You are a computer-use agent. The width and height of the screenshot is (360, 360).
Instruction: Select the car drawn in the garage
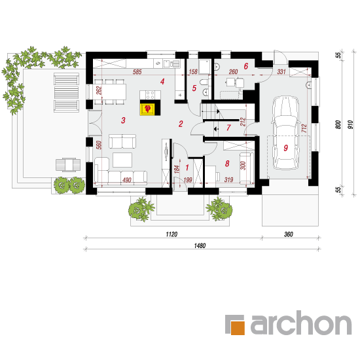[x=285, y=133]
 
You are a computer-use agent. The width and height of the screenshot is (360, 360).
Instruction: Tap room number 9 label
[x=285, y=148]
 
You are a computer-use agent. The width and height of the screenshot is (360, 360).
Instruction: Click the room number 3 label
[x=123, y=120]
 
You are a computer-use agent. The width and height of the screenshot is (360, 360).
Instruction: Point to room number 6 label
[x=246, y=66]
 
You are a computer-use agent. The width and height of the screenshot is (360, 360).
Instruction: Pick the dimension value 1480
[x=200, y=245]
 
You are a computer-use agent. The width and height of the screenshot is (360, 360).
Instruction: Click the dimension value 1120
[x=171, y=234]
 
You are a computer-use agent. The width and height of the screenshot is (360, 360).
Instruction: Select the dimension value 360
[x=289, y=234]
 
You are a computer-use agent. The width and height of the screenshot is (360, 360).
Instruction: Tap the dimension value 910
[x=351, y=124]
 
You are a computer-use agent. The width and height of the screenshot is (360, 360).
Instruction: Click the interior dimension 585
[x=137, y=72]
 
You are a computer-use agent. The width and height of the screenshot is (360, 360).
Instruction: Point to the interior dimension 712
[x=304, y=128]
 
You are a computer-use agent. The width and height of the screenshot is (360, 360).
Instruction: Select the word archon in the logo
[x=301, y=323]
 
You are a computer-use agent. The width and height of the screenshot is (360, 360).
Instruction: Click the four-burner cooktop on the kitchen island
[x=150, y=95]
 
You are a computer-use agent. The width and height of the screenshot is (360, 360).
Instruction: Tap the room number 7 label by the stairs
[x=228, y=128]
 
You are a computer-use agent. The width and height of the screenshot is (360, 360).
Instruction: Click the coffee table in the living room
[x=122, y=160]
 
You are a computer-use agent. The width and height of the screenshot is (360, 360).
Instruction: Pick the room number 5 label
[x=194, y=88]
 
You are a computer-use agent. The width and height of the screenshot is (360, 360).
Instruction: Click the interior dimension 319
[x=228, y=179]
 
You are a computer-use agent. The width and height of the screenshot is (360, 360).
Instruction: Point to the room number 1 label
[x=187, y=168]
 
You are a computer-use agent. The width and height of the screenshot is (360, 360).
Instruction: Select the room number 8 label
[x=227, y=164]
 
